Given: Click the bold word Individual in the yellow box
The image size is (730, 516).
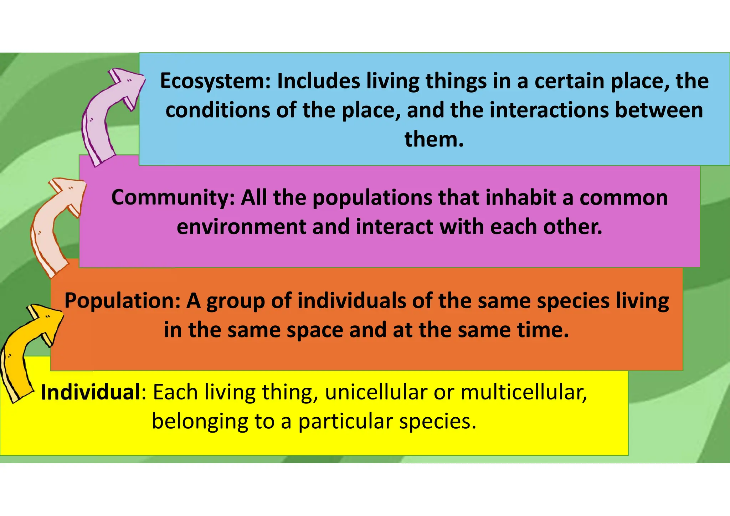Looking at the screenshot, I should pos(91,393).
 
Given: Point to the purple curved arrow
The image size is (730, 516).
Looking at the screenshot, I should pos(107,114).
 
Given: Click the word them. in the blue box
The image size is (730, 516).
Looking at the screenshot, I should pos(434,139).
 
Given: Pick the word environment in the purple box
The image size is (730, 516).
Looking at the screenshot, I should pos(241,227).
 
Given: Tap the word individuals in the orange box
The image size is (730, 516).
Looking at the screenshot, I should pos(351,301).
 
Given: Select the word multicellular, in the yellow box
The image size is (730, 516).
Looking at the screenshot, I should pos(524,393).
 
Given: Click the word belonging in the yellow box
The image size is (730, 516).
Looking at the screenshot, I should pos(200,422).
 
